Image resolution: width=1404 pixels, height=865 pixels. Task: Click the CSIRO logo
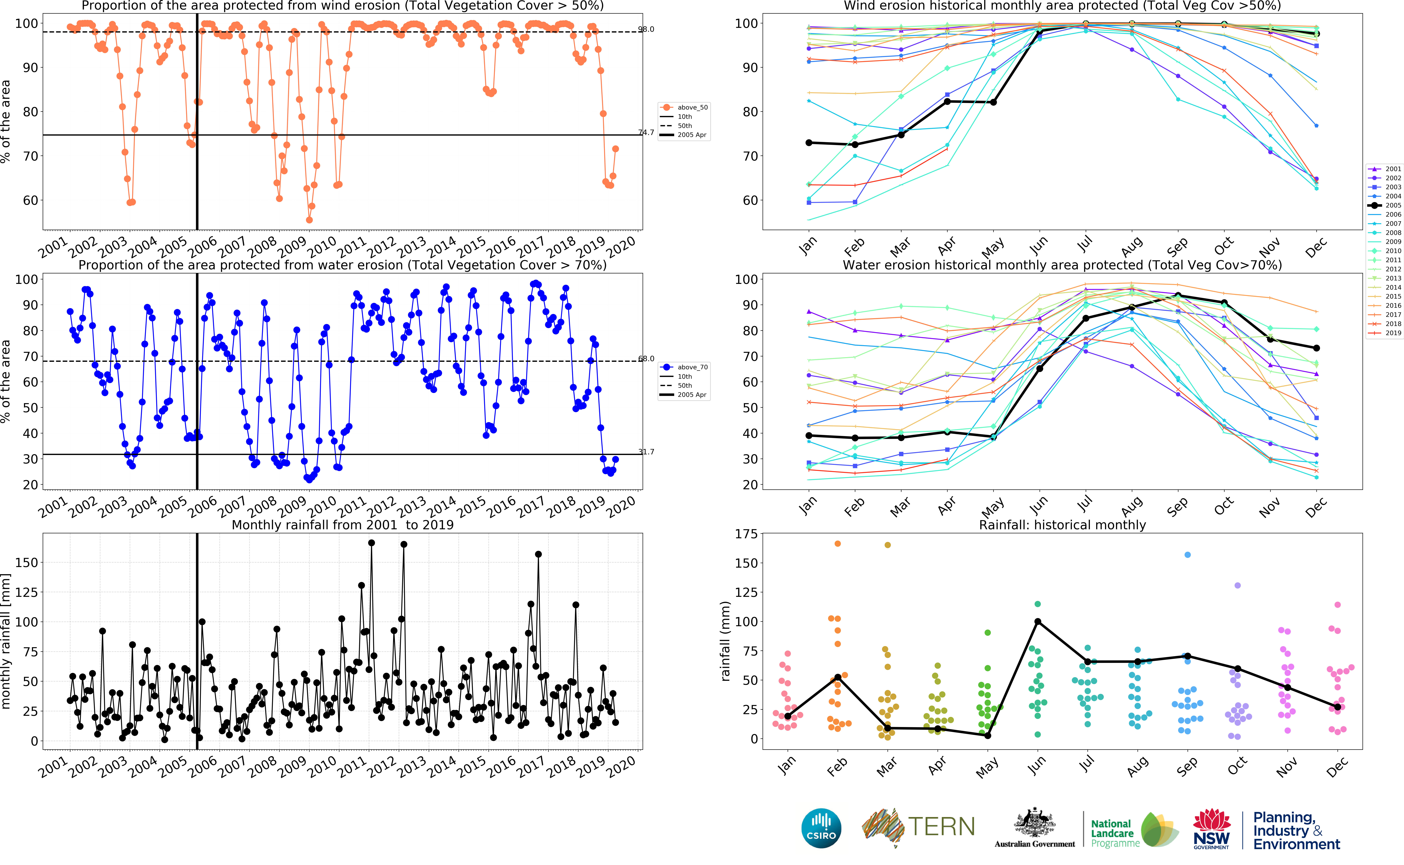[821, 828]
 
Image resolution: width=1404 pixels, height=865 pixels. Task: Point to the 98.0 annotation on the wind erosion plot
[646, 29]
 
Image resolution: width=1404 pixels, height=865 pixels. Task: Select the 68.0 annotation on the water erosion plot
[646, 359]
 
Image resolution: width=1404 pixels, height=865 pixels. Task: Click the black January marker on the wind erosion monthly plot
[809, 142]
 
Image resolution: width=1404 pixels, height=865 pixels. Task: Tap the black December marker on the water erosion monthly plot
[1317, 348]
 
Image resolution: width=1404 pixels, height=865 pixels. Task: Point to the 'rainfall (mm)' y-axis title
[726, 641]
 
